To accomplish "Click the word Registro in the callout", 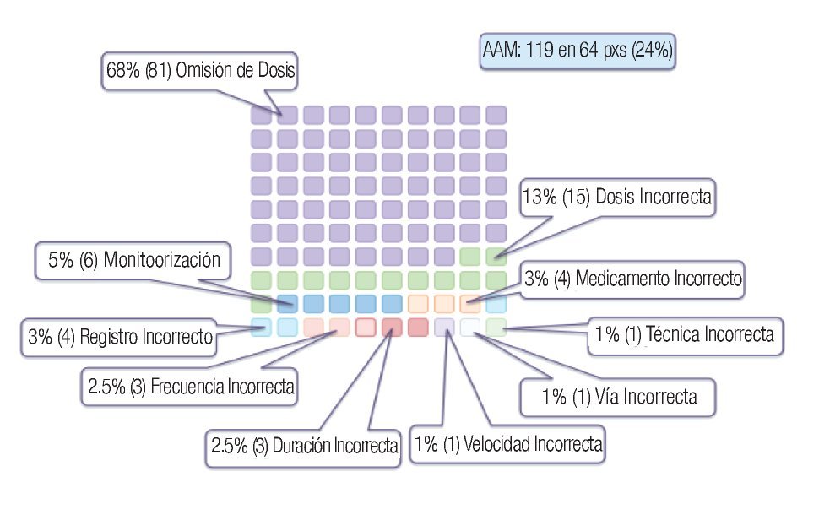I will (112, 338).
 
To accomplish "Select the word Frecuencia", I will (187, 387).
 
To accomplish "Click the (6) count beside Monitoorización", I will (89, 261).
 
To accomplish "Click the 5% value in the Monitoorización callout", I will (60, 261).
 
